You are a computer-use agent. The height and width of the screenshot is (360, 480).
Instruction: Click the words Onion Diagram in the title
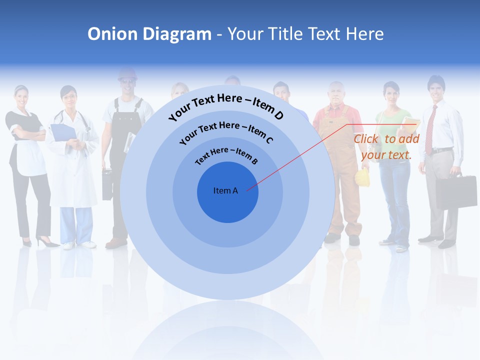pyautogui.click(x=149, y=34)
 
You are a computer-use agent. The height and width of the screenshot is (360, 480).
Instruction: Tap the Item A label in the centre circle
pyautogui.click(x=225, y=190)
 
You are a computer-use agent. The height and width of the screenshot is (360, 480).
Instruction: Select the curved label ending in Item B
pyautogui.click(x=226, y=155)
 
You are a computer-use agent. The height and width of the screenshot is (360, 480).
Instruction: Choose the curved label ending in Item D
pyautogui.click(x=226, y=106)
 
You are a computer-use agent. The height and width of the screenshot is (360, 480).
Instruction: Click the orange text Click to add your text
pyautogui.click(x=386, y=147)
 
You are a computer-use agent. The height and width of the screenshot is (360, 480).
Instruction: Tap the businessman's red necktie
pyautogui.click(x=429, y=130)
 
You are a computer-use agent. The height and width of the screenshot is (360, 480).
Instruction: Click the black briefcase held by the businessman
pyautogui.click(x=455, y=191)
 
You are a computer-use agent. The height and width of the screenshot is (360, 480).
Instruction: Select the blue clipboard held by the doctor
pyautogui.click(x=63, y=132)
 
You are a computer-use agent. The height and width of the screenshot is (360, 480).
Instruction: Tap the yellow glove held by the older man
pyautogui.click(x=362, y=177)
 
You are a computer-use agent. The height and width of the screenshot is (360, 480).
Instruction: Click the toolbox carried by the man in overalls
pyautogui.click(x=107, y=184)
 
